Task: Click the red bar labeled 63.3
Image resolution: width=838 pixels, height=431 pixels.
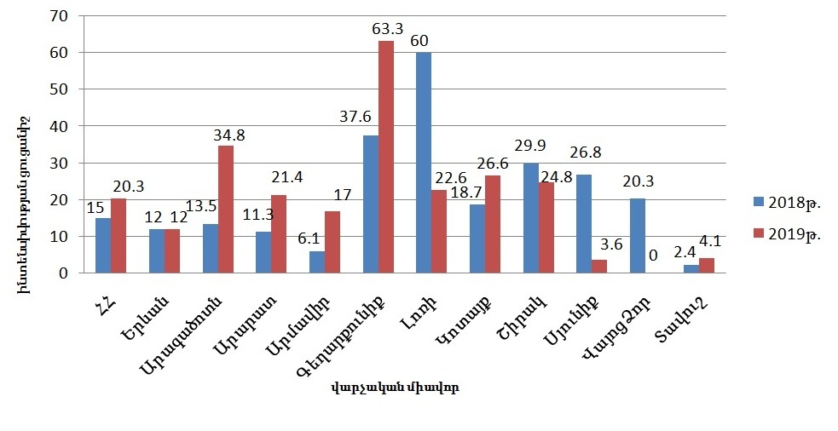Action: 386,158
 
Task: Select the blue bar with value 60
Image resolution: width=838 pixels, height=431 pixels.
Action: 424,163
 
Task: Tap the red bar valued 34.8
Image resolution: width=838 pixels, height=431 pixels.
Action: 225,210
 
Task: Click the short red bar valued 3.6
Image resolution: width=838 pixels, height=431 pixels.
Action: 600,267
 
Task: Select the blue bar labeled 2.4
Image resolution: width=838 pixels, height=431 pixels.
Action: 691,269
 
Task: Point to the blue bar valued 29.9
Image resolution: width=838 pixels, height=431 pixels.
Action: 531,218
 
